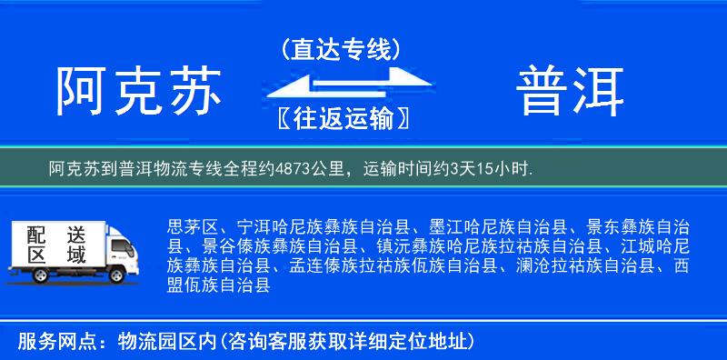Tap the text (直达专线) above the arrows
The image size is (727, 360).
click(341, 49)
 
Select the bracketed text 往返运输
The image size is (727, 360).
click(341, 119)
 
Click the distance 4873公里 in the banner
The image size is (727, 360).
click(313, 168)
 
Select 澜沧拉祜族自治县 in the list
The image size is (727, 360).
click(583, 266)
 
